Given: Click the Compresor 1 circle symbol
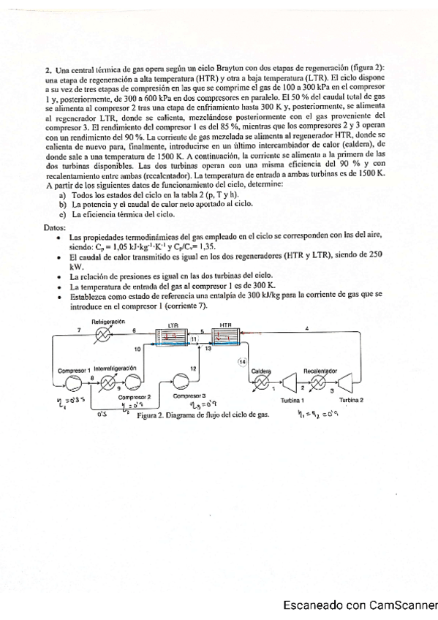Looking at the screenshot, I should pyautogui.click(x=72, y=382).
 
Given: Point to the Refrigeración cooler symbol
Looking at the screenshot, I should pyautogui.click(x=106, y=335).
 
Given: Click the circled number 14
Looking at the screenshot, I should pyautogui.click(x=243, y=361).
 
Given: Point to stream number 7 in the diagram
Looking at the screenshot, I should pyautogui.click(x=80, y=330).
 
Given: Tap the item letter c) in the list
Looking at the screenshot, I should pyautogui.click(x=63, y=214).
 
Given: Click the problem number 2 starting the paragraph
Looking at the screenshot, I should pyautogui.click(x=48, y=68).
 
